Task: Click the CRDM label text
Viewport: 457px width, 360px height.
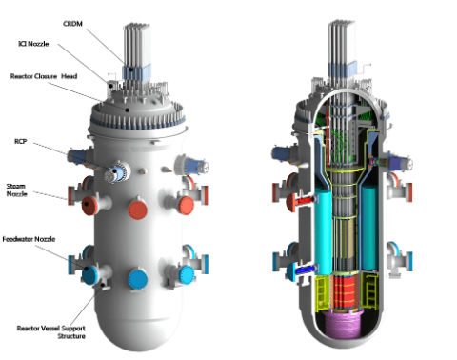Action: click(72, 24)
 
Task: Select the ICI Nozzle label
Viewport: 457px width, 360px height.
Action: click(33, 44)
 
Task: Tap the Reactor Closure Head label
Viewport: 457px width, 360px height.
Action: click(44, 76)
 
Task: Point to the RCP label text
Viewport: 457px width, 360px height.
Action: click(21, 141)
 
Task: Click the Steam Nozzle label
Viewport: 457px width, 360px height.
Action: click(16, 190)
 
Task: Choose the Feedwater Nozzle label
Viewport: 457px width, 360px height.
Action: click(29, 239)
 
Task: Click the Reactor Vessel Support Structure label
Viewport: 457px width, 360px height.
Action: click(51, 332)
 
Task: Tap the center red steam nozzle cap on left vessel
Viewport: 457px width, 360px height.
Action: click(137, 210)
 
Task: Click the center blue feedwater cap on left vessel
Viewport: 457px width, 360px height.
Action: click(138, 279)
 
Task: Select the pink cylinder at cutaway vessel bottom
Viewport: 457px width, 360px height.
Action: click(343, 324)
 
